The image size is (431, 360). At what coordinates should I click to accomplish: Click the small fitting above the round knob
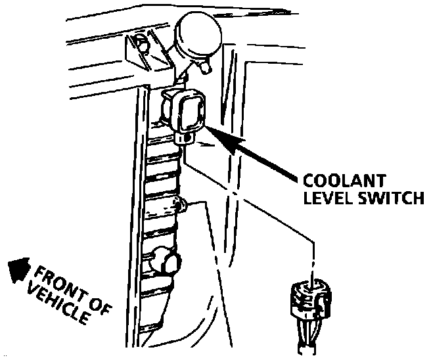[x=183, y=207]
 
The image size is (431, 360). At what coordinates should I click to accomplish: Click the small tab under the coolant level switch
[x=185, y=139]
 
